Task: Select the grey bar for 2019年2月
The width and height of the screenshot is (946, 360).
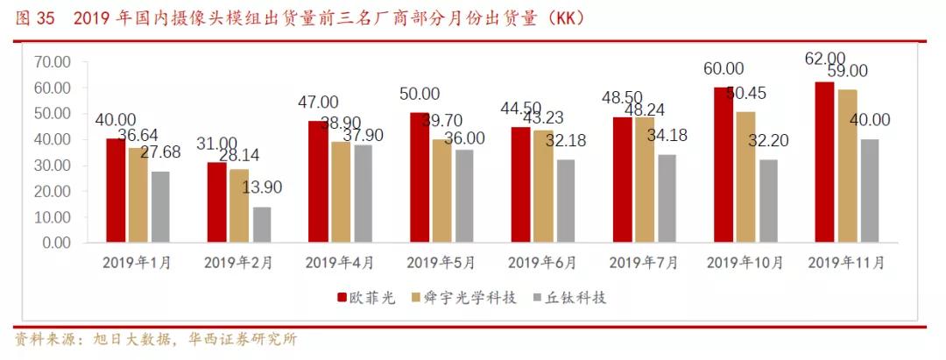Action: [x=262, y=224]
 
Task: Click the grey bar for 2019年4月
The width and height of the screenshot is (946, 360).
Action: [x=363, y=194]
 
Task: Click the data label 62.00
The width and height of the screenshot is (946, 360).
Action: [x=826, y=59]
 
